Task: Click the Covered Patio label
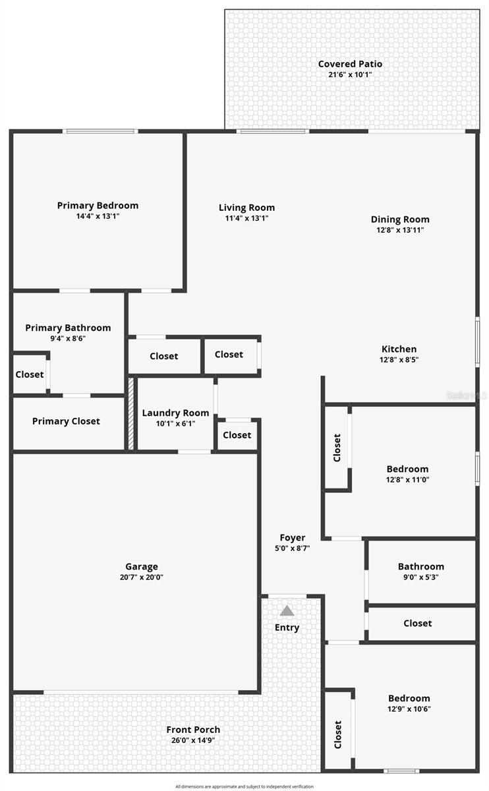[x=350, y=64]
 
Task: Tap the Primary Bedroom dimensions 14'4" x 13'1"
[x=98, y=216]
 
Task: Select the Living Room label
[x=246, y=208]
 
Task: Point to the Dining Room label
[x=399, y=220]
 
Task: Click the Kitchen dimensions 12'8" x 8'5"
[x=399, y=360]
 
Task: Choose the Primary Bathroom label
[x=68, y=328]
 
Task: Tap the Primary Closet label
[x=66, y=421]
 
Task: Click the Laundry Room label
[x=175, y=413]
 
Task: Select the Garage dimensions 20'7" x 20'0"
[x=142, y=577]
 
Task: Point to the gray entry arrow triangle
[x=287, y=611]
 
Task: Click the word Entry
[x=287, y=628]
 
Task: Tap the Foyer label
[x=292, y=538]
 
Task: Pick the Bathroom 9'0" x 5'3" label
[x=420, y=566]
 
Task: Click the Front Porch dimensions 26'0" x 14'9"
[x=193, y=740]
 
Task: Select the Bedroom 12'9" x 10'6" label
[x=409, y=698]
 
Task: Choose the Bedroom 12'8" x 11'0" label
[x=407, y=469]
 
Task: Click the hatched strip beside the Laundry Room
[x=131, y=413]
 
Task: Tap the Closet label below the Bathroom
[x=417, y=623]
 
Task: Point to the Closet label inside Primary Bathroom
[x=30, y=374]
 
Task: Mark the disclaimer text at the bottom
[x=244, y=786]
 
